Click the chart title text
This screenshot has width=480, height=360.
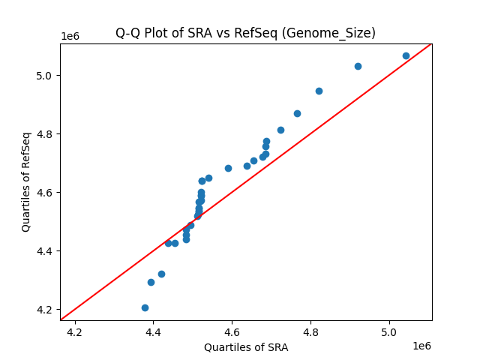(x=245, y=33)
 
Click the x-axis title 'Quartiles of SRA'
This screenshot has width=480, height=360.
(x=246, y=347)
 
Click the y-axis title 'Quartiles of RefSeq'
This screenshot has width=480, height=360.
(x=26, y=181)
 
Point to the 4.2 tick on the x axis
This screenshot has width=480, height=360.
(x=74, y=331)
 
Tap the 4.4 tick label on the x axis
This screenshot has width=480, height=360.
(x=153, y=331)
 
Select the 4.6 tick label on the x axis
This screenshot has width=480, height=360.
(x=232, y=331)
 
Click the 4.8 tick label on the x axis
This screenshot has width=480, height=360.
(x=310, y=331)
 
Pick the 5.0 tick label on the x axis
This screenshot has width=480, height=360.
(x=389, y=331)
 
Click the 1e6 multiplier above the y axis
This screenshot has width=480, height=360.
(x=70, y=37)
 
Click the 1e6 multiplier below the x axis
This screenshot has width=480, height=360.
(x=421, y=346)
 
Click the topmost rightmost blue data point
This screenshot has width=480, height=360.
(x=406, y=55)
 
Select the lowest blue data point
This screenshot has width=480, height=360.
(x=145, y=307)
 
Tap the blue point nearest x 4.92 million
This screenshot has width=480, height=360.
(x=358, y=66)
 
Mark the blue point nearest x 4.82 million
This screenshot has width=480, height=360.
(x=319, y=91)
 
